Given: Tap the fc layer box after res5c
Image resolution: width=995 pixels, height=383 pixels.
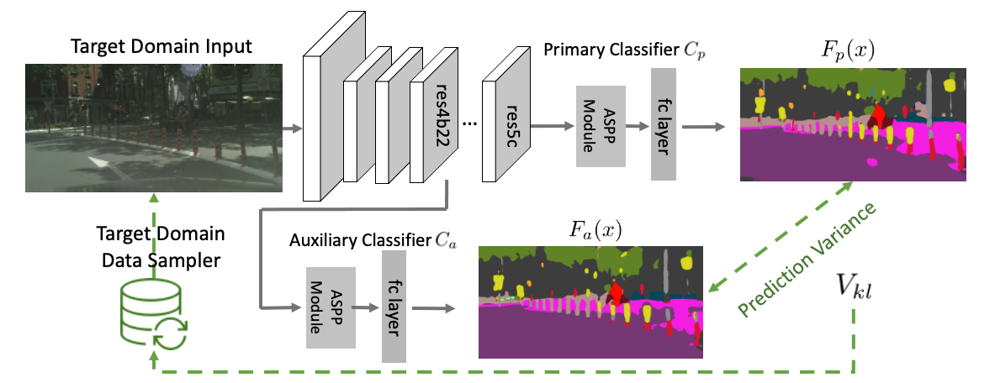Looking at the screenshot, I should pyautogui.click(x=664, y=125).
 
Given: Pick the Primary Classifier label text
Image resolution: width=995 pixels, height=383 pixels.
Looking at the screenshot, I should pyautogui.click(x=624, y=50).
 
